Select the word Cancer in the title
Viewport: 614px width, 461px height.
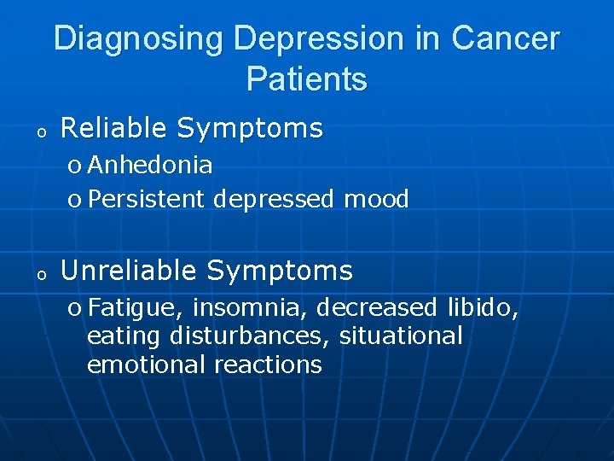(x=505, y=38)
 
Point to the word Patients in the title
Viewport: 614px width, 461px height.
(x=307, y=79)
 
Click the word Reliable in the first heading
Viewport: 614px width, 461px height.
(x=115, y=128)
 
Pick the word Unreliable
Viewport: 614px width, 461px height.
(x=130, y=271)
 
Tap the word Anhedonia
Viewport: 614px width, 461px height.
(x=150, y=164)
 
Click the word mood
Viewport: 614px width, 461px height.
(x=376, y=200)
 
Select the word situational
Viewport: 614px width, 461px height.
(x=401, y=336)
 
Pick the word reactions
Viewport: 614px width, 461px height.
(x=268, y=365)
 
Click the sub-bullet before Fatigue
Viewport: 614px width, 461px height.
(x=74, y=308)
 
